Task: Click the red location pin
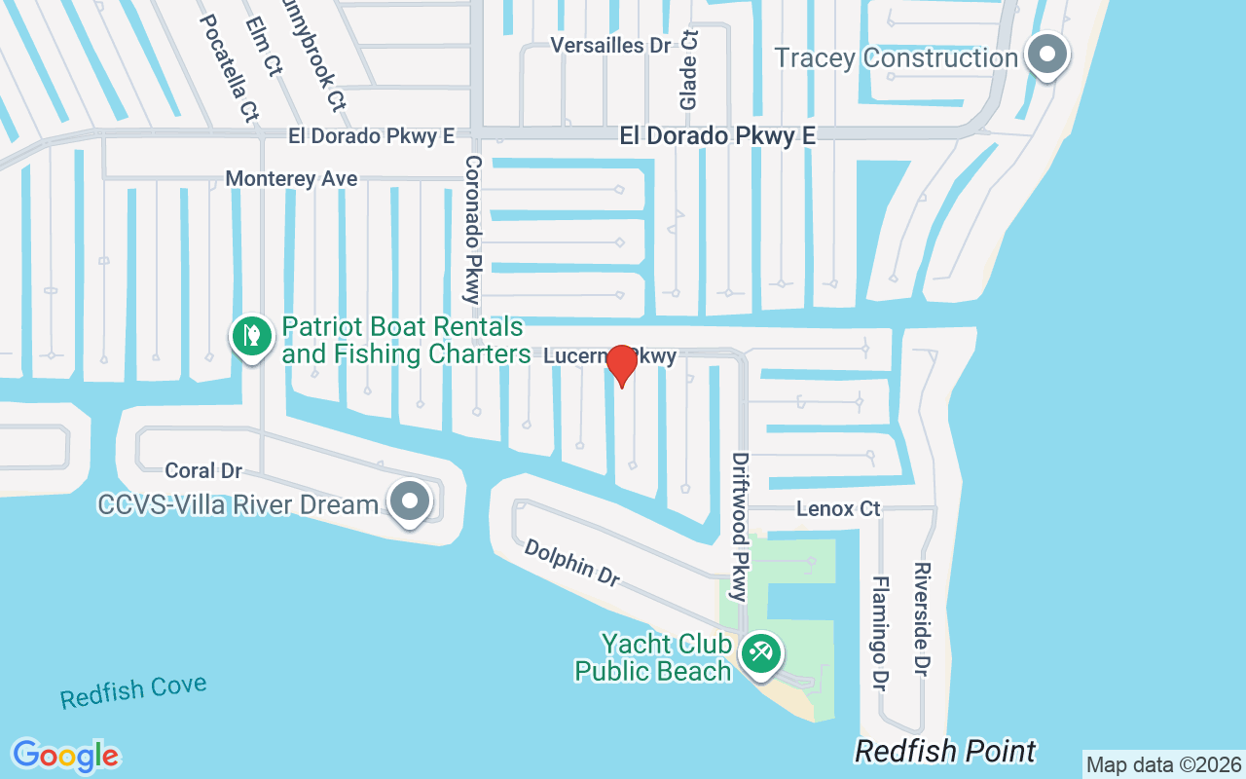click(622, 365)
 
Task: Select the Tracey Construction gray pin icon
click(1047, 55)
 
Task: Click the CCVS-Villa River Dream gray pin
click(410, 501)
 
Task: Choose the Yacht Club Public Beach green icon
click(758, 652)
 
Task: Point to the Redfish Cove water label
click(133, 691)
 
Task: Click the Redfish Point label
click(945, 752)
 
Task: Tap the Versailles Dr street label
click(610, 45)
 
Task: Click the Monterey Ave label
click(291, 179)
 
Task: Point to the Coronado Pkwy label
click(473, 230)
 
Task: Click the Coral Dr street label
click(202, 471)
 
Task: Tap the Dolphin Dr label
click(571, 563)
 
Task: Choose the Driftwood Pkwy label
click(741, 526)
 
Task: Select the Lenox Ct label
click(837, 508)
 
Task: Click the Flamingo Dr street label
click(880, 633)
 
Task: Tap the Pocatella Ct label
click(227, 67)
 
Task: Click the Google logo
click(65, 756)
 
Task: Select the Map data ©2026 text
click(1163, 764)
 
